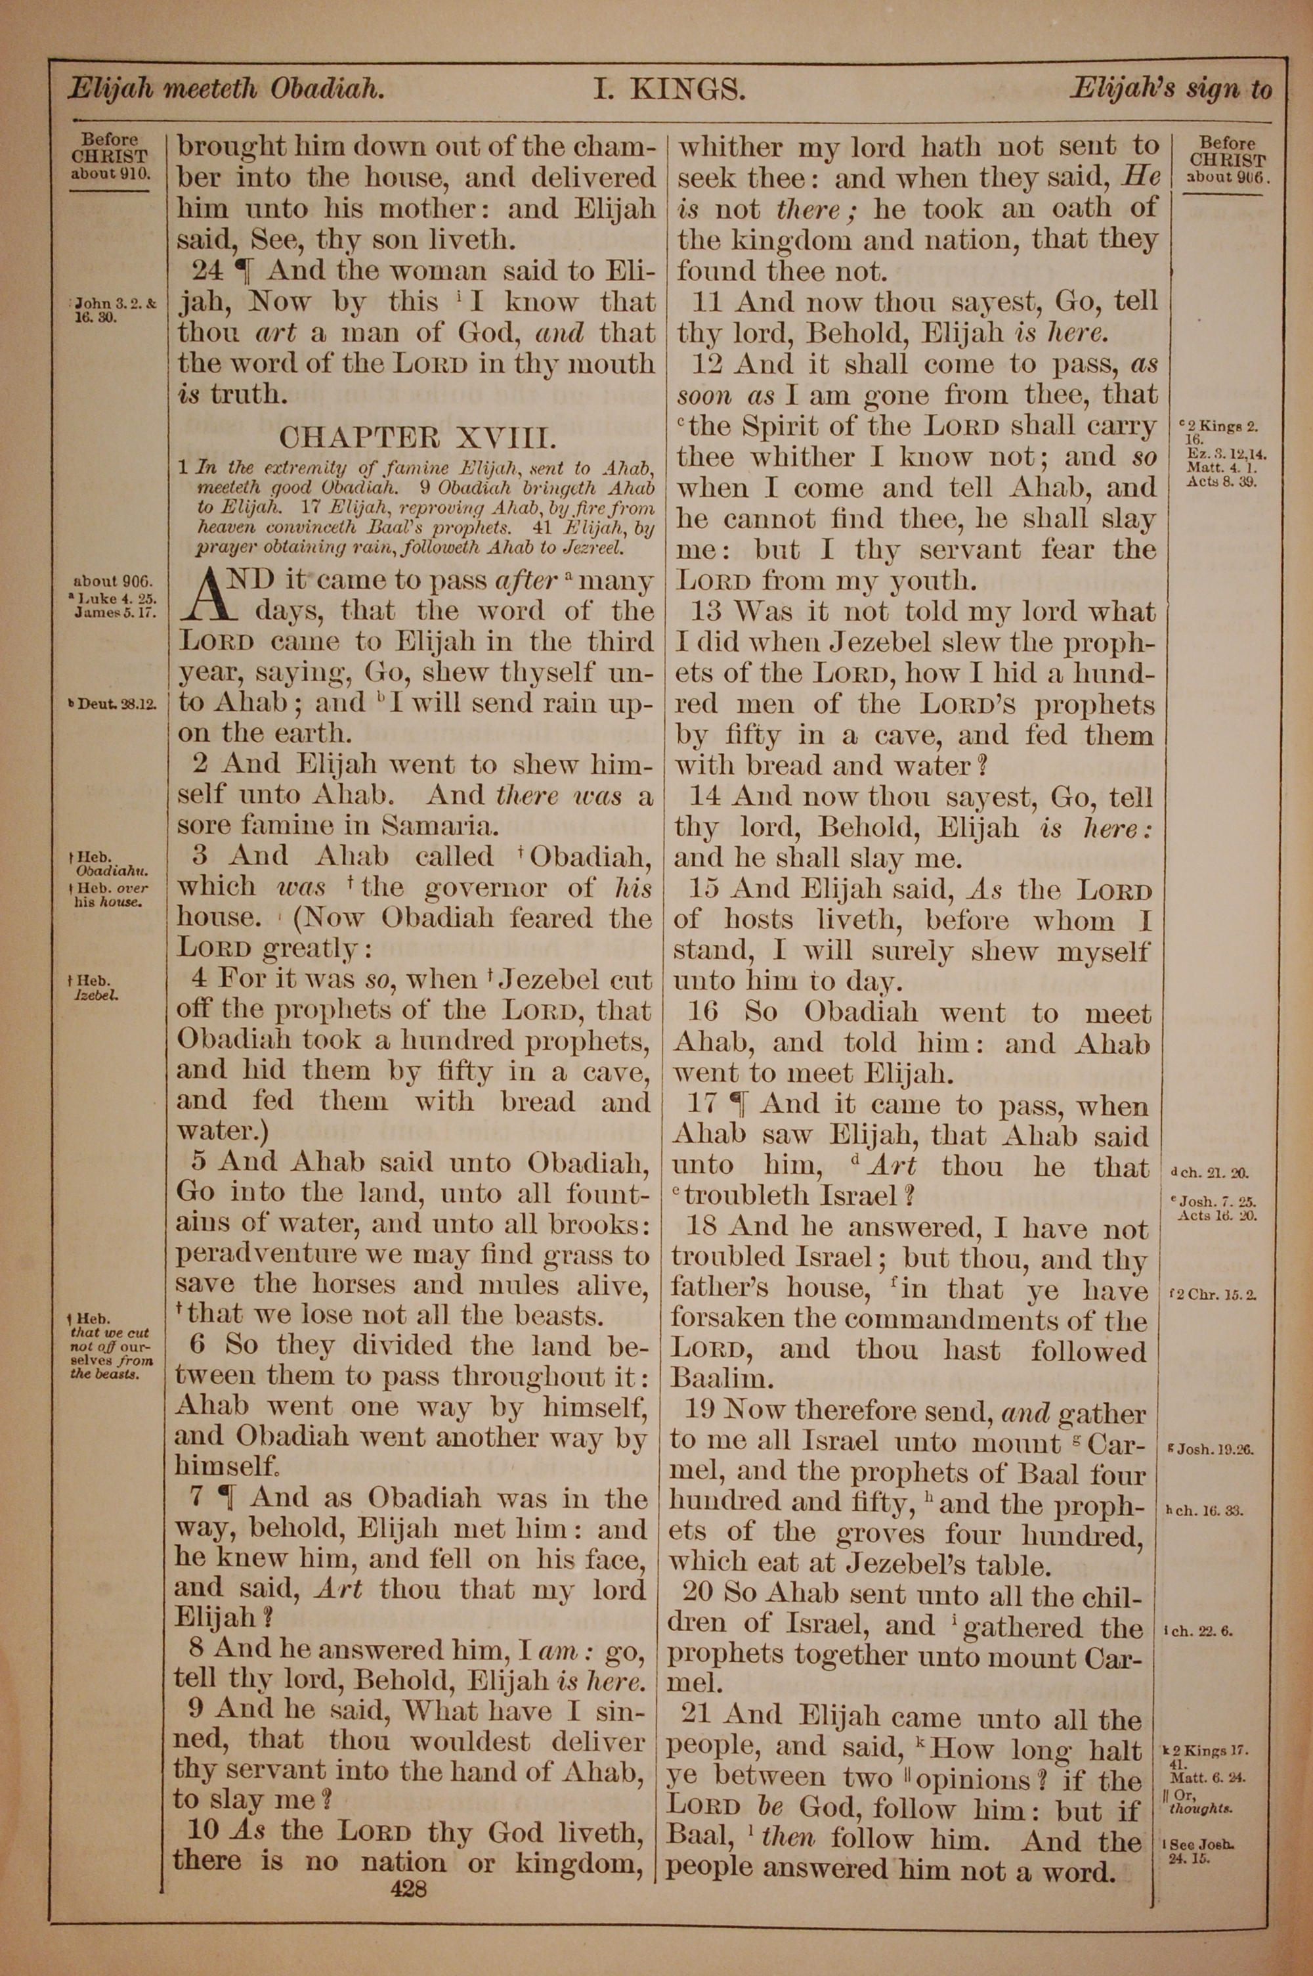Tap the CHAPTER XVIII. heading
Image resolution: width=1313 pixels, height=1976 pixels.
(x=416, y=438)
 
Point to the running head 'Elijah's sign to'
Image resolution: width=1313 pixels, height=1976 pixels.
(x=1170, y=89)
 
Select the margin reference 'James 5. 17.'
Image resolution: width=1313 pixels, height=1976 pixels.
(x=114, y=611)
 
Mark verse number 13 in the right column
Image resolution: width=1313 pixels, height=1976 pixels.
(x=707, y=612)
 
